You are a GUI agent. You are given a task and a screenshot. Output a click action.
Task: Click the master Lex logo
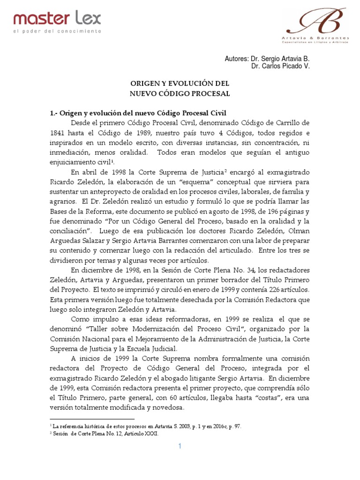pyautogui.click(x=57, y=19)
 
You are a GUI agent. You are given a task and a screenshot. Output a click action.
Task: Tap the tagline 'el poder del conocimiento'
pyautogui.click(x=57, y=31)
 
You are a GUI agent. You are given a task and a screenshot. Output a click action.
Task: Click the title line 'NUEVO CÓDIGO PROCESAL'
pyautogui.click(x=180, y=93)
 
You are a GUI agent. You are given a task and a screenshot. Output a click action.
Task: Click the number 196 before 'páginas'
pyautogui.click(x=269, y=211)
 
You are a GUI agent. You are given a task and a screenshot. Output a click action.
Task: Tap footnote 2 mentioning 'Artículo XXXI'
pyautogui.click(x=105, y=434)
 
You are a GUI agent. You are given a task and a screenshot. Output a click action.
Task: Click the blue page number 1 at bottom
pyautogui.click(x=180, y=447)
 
